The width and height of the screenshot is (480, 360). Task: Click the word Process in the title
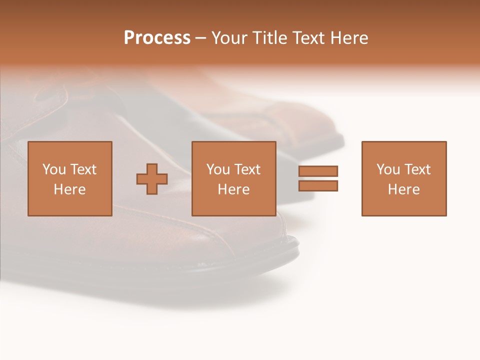[x=157, y=38]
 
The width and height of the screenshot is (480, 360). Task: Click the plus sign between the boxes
[x=152, y=179]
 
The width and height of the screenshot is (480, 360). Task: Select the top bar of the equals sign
[x=318, y=171]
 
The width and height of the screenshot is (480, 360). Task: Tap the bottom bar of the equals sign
[x=318, y=186]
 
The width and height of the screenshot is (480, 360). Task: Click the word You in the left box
[x=54, y=169]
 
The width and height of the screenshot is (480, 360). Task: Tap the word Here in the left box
[x=69, y=189]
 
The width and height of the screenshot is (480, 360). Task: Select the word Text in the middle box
[x=247, y=169]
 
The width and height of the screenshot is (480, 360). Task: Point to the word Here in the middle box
[x=234, y=189]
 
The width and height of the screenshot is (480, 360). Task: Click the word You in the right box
[x=388, y=169]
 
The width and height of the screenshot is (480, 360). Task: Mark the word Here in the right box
[x=404, y=189]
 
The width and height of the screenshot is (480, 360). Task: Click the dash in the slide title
[x=201, y=38]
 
